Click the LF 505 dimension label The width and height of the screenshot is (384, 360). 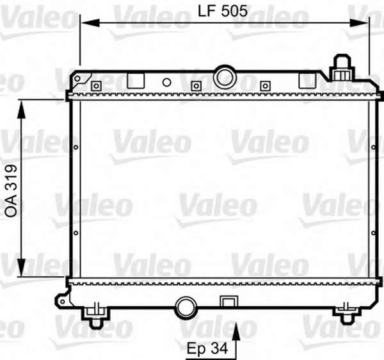pyautogui.click(x=222, y=12)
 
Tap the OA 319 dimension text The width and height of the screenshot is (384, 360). pyautogui.click(x=12, y=191)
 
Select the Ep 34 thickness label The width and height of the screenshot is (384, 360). pyautogui.click(x=207, y=348)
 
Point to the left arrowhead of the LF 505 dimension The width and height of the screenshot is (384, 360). pyautogui.click(x=90, y=23)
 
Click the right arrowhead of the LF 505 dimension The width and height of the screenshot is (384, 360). pyautogui.click(x=359, y=23)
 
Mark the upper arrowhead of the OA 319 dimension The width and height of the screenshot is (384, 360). pyautogui.click(x=22, y=110)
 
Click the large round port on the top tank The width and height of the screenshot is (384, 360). pyautogui.click(x=225, y=78)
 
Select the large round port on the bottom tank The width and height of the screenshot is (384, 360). pyautogui.click(x=186, y=307)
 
